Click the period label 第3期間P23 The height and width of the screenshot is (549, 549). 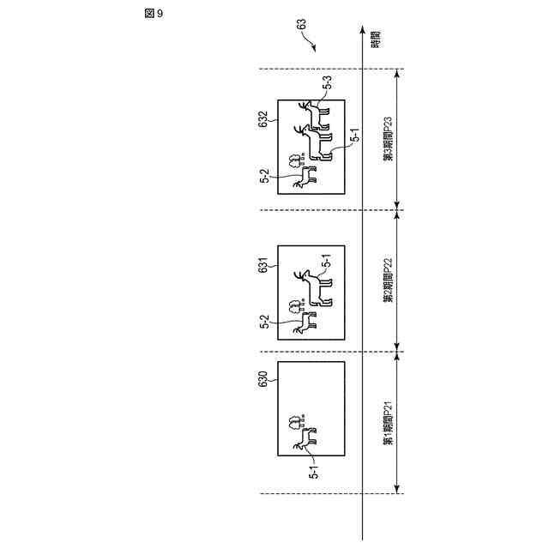pyautogui.click(x=388, y=139)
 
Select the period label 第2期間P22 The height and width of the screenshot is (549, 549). pyautogui.click(x=388, y=281)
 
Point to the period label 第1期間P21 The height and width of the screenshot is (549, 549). pyautogui.click(x=388, y=424)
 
